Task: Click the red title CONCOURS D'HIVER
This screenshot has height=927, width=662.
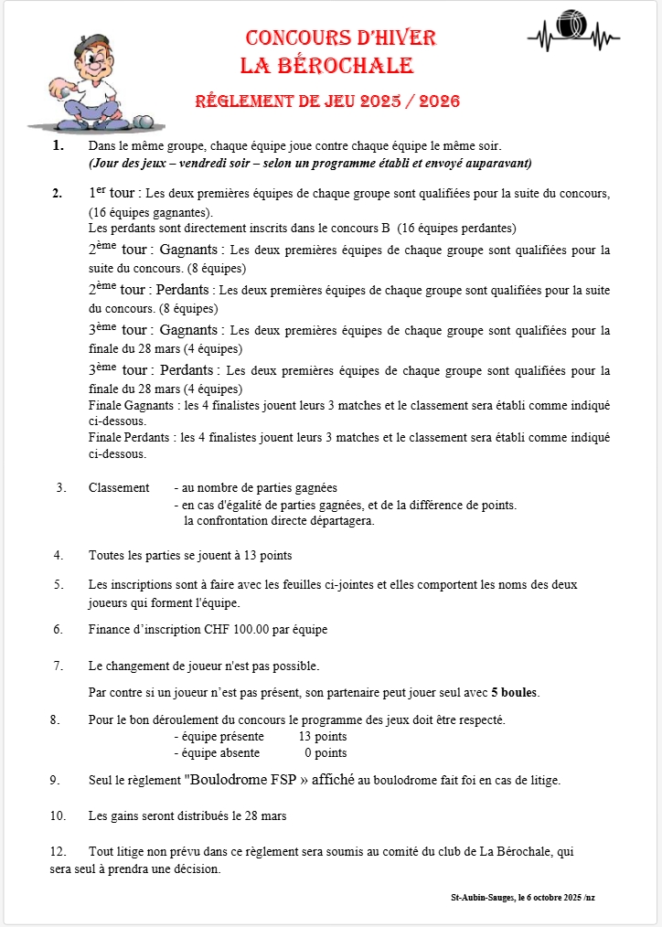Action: (x=340, y=37)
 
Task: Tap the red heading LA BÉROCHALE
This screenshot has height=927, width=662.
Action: (x=326, y=66)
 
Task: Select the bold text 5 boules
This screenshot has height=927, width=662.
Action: (x=515, y=692)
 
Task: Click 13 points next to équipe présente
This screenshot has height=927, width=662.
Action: (x=323, y=737)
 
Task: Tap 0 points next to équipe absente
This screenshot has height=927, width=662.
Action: (x=326, y=753)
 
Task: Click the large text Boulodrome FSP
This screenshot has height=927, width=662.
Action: (x=240, y=781)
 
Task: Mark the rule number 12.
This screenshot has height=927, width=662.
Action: (x=58, y=852)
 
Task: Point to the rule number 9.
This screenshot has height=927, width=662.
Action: (x=55, y=781)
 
